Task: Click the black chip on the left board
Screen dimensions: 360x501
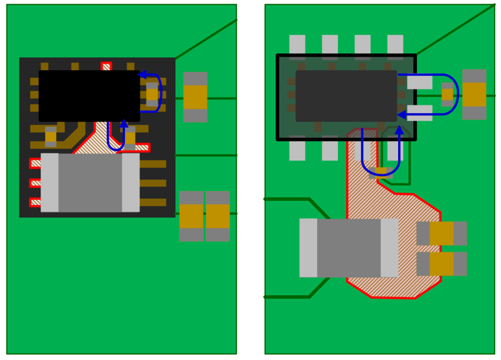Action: (x=89, y=95)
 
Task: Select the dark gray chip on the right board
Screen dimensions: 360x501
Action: (x=346, y=96)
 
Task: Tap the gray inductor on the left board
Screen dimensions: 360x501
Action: (x=90, y=183)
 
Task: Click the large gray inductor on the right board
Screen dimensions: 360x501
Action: (x=349, y=247)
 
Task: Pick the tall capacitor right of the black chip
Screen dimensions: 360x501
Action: (x=195, y=97)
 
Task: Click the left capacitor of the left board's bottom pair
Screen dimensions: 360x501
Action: (x=191, y=216)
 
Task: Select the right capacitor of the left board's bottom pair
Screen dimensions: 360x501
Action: (x=218, y=216)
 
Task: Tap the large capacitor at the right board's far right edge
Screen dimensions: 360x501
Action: (x=474, y=95)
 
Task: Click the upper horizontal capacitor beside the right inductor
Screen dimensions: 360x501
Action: (x=441, y=233)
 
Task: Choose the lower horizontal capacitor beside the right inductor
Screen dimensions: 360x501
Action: (x=441, y=264)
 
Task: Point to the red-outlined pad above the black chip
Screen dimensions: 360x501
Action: (x=106, y=67)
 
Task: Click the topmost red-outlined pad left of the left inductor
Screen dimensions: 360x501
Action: (x=35, y=163)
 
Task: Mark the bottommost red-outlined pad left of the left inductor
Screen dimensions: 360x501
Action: (x=35, y=202)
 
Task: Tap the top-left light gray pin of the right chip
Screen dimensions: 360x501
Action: (x=297, y=45)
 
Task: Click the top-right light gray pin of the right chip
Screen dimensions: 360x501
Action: (x=395, y=45)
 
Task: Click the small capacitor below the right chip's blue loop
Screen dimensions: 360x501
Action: (x=381, y=171)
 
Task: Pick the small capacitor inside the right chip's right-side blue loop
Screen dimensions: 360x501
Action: (x=447, y=95)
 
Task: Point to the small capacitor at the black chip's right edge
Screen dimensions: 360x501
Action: (x=152, y=94)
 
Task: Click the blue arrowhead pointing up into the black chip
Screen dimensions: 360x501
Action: (x=124, y=123)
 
